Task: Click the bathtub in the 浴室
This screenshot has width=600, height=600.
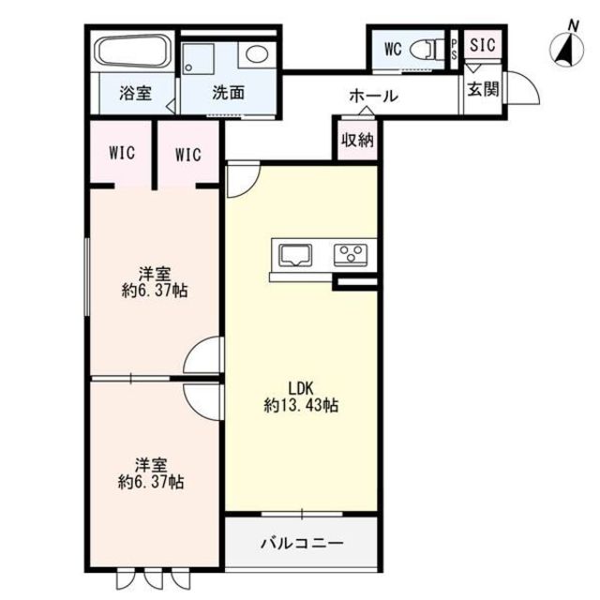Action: pos(133,52)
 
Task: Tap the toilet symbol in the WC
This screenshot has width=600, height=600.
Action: pos(426,50)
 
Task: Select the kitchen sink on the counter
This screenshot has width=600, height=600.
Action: pos(296,255)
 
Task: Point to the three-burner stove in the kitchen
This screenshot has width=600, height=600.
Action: pos(350,255)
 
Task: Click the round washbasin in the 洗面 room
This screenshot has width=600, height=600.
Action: pos(256,53)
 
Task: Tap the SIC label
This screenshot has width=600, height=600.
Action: pos(483,45)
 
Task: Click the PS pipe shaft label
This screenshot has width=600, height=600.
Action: pos(454,50)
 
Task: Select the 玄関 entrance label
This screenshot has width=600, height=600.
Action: pos(484,90)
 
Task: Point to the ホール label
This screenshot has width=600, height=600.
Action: pos(373,96)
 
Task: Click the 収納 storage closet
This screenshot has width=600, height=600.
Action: pos(357,140)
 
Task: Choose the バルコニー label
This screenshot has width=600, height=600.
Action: pos(302,543)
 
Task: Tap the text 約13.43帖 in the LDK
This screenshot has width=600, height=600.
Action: pos(301,405)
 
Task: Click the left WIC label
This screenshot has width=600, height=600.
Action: pos(122,153)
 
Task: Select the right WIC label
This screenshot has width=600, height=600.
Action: pos(188,155)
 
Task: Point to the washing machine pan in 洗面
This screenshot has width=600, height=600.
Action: pos(198,59)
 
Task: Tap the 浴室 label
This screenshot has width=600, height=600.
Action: pos(135,94)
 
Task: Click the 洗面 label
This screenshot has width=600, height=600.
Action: pos(229,93)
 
